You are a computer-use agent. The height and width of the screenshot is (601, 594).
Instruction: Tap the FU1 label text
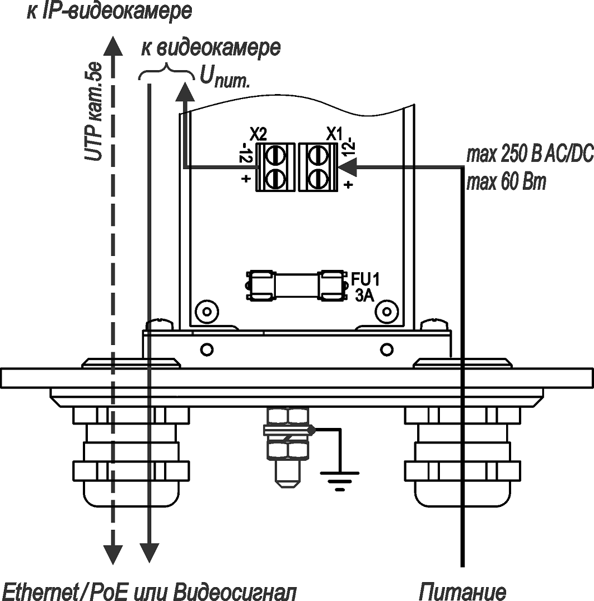(364, 278)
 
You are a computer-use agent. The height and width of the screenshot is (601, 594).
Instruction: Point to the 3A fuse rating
(364, 295)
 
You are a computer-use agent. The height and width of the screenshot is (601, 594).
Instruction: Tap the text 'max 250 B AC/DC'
(529, 154)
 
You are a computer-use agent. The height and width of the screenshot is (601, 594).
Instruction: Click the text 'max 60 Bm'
(506, 181)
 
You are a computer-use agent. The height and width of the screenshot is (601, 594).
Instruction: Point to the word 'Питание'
(463, 590)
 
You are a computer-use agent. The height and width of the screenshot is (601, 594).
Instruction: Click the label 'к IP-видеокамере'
(109, 12)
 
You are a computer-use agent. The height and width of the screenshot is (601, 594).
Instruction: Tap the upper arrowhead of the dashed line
(113, 47)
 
